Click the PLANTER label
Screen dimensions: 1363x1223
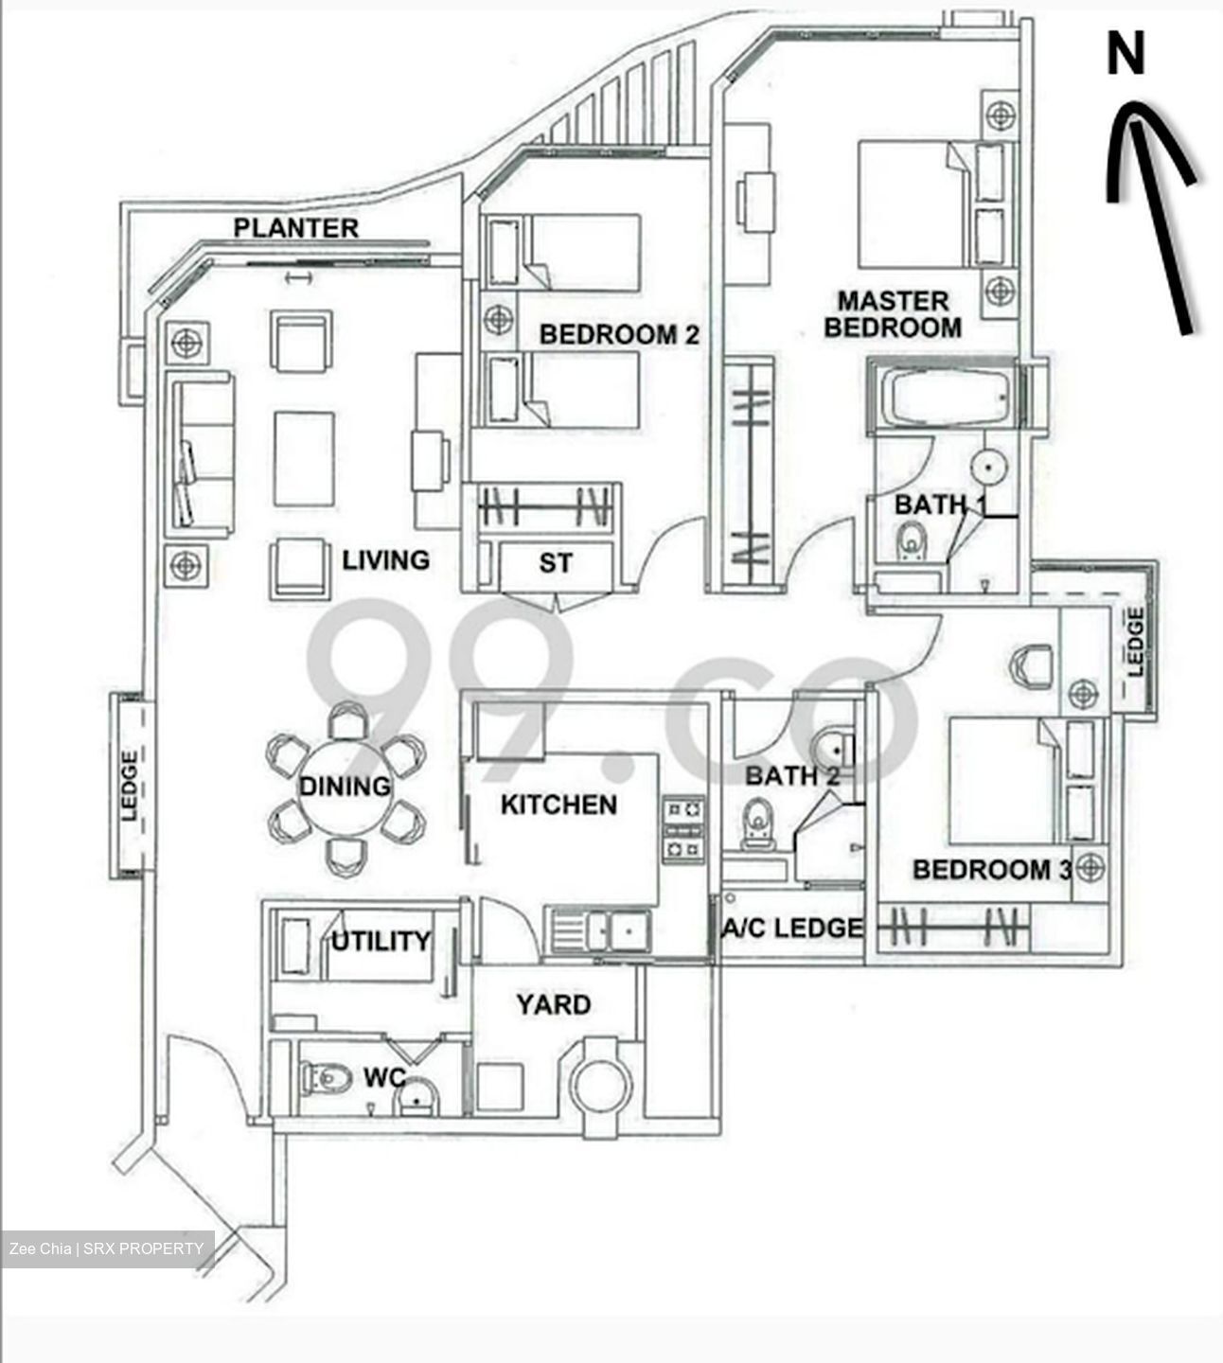click(296, 228)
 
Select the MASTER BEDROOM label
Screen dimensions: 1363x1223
click(893, 315)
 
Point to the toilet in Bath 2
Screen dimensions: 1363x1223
click(757, 822)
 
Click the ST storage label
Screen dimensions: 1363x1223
click(556, 563)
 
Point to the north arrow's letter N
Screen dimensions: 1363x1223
click(1126, 54)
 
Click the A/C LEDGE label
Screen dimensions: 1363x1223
click(794, 929)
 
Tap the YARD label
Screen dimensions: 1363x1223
click(554, 1004)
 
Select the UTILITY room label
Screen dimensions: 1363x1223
click(381, 941)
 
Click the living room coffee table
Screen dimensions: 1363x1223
click(304, 458)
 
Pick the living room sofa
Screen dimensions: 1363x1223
click(201, 453)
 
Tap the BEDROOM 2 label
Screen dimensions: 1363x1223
click(619, 334)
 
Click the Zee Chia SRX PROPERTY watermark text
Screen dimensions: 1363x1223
click(106, 1248)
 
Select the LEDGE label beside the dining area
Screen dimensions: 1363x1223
click(130, 785)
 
